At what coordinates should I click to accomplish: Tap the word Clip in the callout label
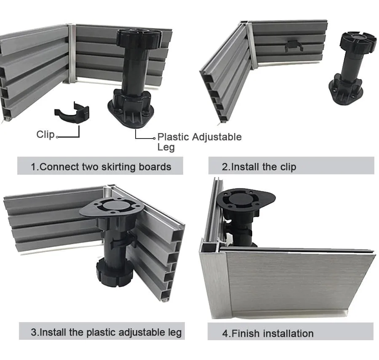45,134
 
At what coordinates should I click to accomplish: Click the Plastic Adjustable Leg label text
199,137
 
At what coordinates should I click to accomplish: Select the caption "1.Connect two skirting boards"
101,167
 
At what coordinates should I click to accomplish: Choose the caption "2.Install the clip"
259,167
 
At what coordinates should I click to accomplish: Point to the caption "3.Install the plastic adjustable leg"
106,332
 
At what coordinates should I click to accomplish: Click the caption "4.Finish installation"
268,333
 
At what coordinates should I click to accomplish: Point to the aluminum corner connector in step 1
72,53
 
